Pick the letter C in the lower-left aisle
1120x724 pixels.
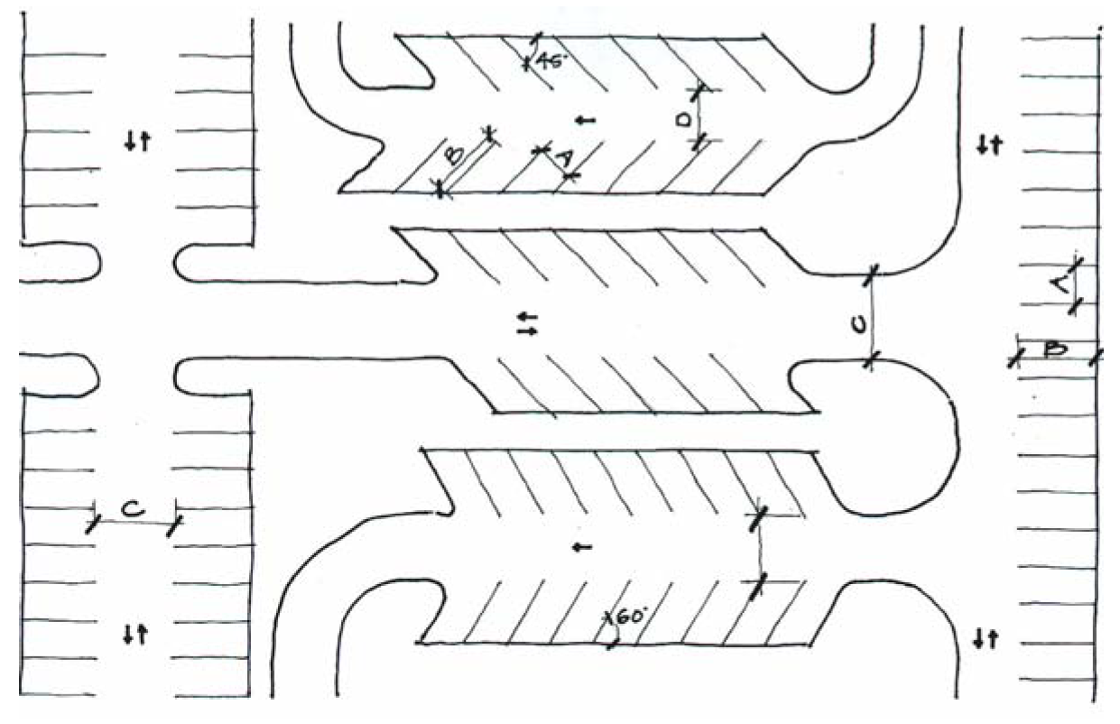pyautogui.click(x=132, y=510)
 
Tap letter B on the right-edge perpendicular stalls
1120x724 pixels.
pyautogui.click(x=1051, y=349)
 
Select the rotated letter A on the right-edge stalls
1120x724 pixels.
pyautogui.click(x=1063, y=285)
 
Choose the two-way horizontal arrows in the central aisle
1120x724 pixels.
pyautogui.click(x=527, y=324)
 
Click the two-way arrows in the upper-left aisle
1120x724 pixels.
pyautogui.click(x=135, y=140)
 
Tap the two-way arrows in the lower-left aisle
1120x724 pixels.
pyautogui.click(x=135, y=634)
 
